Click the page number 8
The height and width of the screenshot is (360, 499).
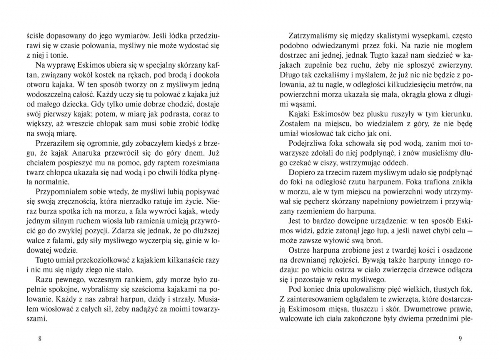39,339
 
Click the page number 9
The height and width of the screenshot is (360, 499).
460,339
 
